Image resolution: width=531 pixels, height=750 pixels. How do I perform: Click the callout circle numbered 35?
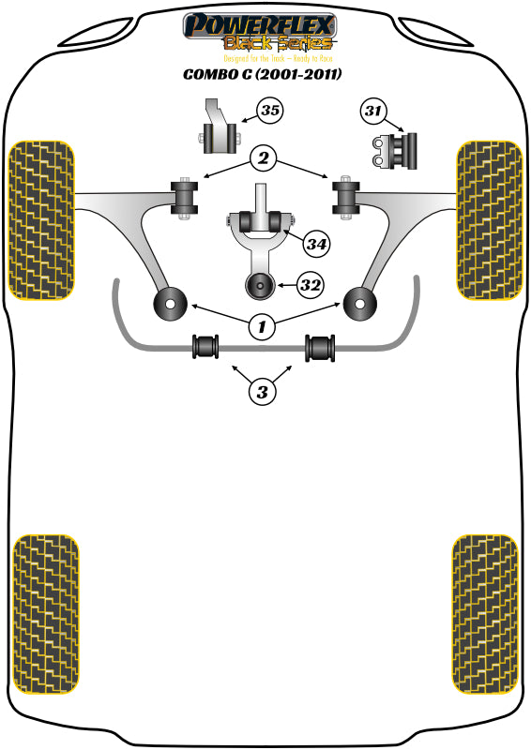(269, 112)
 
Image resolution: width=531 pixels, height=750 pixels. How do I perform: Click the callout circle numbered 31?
(374, 112)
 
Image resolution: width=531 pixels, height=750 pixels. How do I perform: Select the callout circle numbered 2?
(264, 159)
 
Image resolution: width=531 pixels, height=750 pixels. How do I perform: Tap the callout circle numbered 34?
(317, 245)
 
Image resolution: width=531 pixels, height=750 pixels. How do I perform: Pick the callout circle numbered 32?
(311, 282)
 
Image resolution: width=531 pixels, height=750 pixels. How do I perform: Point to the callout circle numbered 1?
(263, 326)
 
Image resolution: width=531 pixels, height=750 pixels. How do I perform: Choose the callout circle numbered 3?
(264, 390)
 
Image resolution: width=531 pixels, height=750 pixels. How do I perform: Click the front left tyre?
(40, 220)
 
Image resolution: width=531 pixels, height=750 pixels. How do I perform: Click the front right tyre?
(488, 220)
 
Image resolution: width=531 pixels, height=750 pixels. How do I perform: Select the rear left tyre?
(45, 614)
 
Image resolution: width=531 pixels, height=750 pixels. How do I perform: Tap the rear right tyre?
(484, 614)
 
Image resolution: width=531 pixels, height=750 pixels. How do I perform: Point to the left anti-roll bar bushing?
(205, 346)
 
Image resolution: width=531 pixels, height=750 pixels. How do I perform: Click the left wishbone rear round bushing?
(170, 303)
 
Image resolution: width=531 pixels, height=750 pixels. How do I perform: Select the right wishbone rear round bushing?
(358, 303)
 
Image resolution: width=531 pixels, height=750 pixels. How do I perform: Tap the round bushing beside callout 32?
(257, 285)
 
